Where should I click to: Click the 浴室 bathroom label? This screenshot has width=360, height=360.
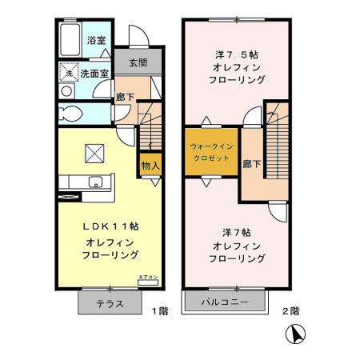[x=96, y=39]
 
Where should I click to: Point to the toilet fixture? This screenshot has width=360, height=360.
[x=69, y=113]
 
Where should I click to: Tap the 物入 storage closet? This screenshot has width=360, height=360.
[x=150, y=165]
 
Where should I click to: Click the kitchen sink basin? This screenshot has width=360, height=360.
[x=95, y=182]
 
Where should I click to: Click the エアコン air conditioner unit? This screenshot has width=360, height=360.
[x=148, y=279]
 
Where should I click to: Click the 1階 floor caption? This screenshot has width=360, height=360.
[x=160, y=309]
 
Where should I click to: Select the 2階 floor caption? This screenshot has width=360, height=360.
[x=290, y=309]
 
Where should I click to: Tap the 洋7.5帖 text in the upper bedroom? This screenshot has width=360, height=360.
[x=235, y=54]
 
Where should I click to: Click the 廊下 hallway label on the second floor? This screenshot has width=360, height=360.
[x=252, y=164]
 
